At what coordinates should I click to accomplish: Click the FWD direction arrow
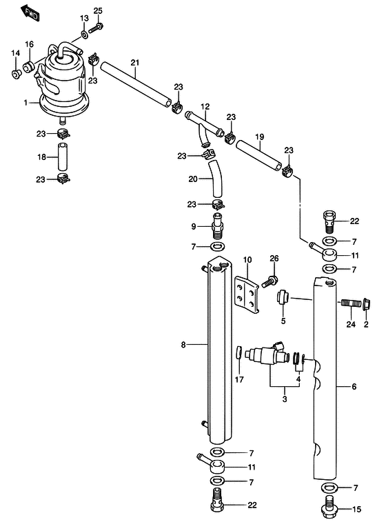[x=30, y=13]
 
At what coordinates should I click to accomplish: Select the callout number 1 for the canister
[x=26, y=103]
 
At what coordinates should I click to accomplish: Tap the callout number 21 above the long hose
[x=135, y=63]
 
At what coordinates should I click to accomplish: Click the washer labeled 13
[x=85, y=34]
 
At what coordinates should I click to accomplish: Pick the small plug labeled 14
[x=16, y=74]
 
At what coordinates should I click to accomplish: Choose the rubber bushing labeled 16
[x=29, y=67]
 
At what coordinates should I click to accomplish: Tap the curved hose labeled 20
[x=215, y=179]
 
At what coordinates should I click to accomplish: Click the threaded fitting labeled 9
[x=217, y=225]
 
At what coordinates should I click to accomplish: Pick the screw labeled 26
[x=270, y=281]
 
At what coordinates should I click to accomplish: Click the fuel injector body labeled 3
[x=265, y=354]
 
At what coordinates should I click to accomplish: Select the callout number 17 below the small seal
[x=239, y=379]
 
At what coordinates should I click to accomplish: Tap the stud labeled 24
[x=351, y=303]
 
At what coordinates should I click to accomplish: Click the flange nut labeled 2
[x=367, y=303]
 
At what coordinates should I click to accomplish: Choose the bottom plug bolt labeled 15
[x=329, y=506]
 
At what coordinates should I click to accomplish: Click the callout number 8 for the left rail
[x=183, y=345]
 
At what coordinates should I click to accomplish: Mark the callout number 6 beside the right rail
[x=354, y=387]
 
